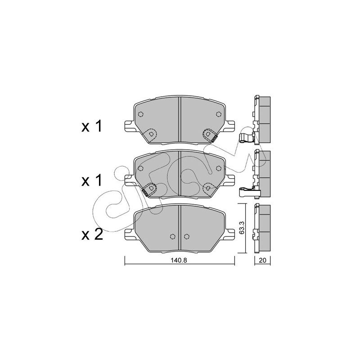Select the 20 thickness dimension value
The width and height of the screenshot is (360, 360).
click(x=262, y=261)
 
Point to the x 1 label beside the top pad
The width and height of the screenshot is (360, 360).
click(x=92, y=126)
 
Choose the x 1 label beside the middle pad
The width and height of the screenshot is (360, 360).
click(x=92, y=181)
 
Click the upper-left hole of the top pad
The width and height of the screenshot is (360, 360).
click(x=141, y=114)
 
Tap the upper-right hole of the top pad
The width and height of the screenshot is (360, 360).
click(x=219, y=114)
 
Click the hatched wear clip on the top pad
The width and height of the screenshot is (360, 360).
click(x=215, y=139)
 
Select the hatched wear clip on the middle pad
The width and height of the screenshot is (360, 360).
click(x=144, y=193)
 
